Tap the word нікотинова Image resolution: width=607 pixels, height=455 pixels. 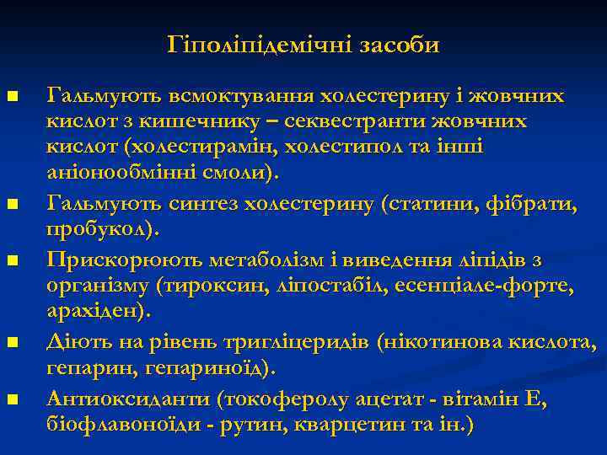tap(440, 342)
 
